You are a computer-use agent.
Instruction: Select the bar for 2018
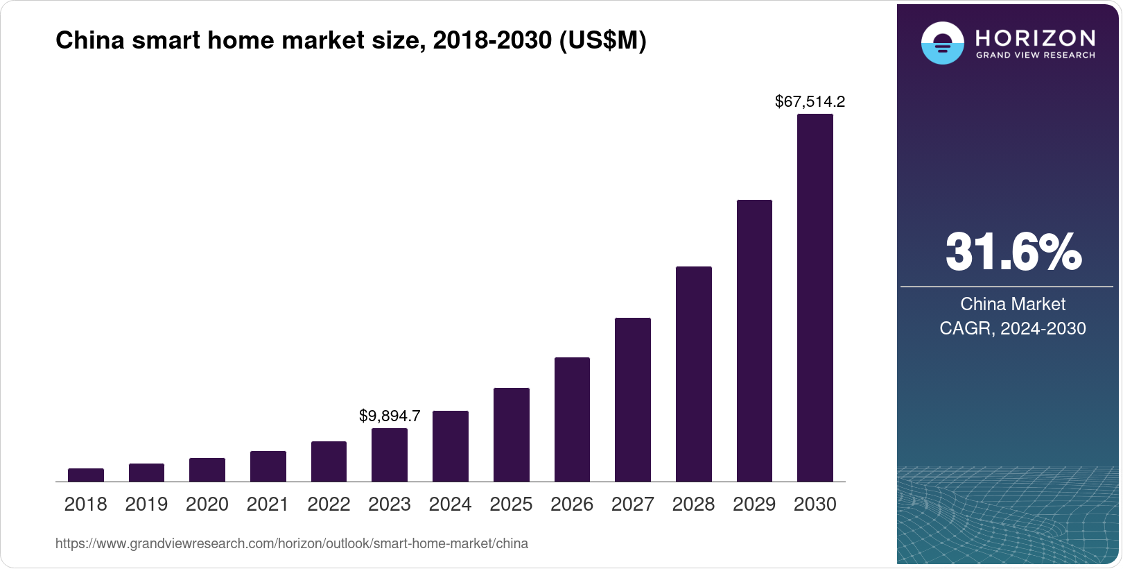pos(86,475)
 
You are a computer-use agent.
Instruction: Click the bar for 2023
pos(390,455)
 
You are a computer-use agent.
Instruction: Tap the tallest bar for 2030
pos(815,298)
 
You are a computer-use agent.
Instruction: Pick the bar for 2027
pos(632,400)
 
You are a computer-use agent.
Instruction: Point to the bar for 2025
pos(511,435)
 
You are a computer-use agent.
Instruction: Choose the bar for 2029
pos(754,341)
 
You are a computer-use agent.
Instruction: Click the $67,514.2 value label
pos(810,102)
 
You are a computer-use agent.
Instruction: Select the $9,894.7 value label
pos(390,416)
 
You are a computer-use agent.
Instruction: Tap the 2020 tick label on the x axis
pos(207,504)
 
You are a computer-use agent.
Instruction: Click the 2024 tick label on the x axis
pos(450,504)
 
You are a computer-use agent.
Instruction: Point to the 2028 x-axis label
pos(693,504)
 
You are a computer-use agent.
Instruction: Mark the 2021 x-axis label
pos(268,504)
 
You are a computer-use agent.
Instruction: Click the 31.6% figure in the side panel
pos(1013,252)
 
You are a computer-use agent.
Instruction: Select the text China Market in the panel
pos(1013,304)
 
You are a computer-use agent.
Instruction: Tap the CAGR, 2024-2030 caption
pos(1013,328)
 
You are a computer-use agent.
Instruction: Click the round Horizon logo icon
pos(942,43)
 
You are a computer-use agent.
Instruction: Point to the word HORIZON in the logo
pos(1035,37)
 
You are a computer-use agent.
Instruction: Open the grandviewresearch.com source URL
pos(292,544)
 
